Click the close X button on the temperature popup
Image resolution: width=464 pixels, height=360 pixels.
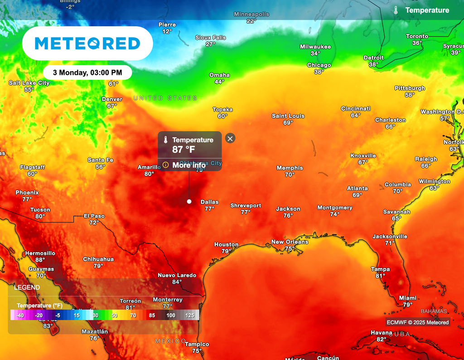pos(230,138)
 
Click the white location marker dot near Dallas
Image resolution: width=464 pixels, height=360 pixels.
pos(189,201)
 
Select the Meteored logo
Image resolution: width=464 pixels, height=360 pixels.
pos(87,44)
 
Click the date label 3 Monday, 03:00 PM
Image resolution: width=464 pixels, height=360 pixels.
pos(87,73)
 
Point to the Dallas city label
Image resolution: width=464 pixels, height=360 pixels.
pos(209,202)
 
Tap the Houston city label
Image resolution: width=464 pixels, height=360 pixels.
pos(226,244)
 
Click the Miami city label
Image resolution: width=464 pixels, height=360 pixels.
pos(408,298)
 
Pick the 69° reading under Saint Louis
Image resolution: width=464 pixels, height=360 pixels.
pos(288,123)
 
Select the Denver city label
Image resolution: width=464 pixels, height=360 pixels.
pos(112,99)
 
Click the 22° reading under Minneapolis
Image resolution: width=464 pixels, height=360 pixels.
pos(251,21)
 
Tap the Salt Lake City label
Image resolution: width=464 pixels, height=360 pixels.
pos(29,83)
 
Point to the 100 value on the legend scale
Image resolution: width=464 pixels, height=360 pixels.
pos(171,315)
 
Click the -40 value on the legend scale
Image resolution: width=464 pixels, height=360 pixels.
pos(19,315)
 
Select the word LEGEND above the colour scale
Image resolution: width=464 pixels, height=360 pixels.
pos(27,287)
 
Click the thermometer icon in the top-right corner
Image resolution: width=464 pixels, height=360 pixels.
pos(396,10)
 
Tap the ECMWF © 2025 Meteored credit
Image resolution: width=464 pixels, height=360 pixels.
pos(417,322)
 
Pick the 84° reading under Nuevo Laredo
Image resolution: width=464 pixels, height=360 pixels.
pos(177,282)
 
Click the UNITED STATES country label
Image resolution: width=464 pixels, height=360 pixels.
pos(165,98)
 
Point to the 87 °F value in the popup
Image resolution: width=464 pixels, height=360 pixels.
pos(184,149)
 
